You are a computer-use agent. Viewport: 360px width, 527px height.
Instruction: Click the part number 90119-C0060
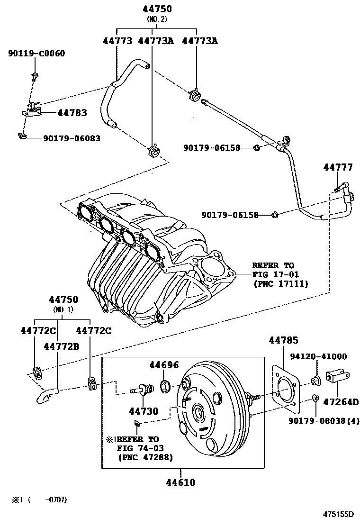point(36,54)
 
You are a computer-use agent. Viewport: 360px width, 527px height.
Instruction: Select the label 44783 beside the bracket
point(72,113)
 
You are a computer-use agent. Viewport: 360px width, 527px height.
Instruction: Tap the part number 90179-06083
point(72,138)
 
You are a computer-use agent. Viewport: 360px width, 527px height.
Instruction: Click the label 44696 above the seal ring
point(164,365)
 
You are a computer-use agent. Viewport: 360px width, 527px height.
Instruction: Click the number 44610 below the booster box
point(180,482)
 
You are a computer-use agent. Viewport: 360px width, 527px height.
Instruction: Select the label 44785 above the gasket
point(283,340)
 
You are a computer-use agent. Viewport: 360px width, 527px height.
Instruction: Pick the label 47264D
point(340,402)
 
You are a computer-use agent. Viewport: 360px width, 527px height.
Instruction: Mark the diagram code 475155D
point(339,514)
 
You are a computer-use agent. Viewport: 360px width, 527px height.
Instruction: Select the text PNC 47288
point(145,457)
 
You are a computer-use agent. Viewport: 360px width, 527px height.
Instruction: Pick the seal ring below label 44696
point(165,386)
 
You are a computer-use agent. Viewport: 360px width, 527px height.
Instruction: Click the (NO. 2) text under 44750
point(157,19)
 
